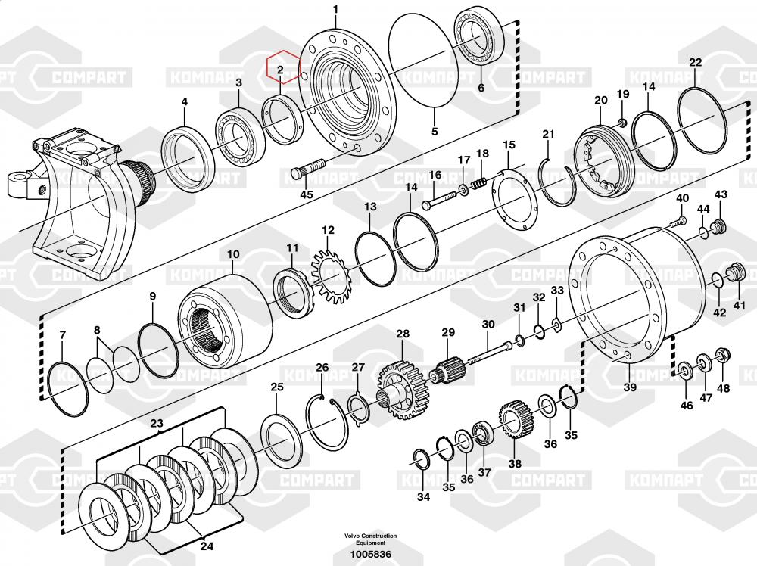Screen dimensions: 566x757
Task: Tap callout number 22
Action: click(695, 63)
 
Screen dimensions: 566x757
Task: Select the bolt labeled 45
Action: click(307, 168)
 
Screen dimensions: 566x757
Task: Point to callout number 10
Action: click(232, 254)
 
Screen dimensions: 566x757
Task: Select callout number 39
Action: click(630, 387)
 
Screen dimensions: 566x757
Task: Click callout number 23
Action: click(156, 424)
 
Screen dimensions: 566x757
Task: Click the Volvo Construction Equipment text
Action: click(369, 539)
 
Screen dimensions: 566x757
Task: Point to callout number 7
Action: click(62, 334)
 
